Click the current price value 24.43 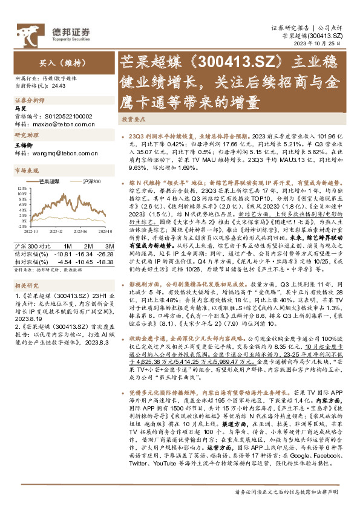click(x=57, y=86)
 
